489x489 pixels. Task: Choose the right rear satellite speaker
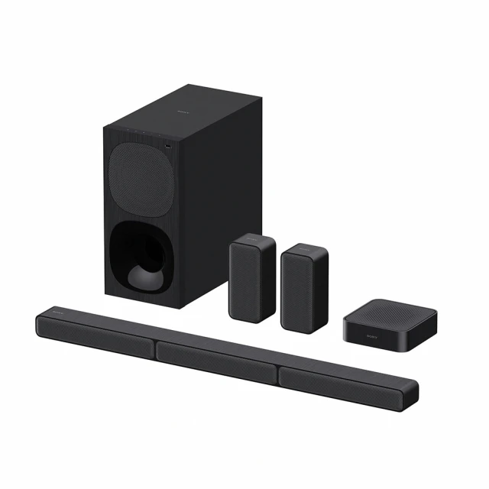pyautogui.click(x=304, y=287)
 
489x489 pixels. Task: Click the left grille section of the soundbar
pyautogui.click(x=95, y=335)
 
